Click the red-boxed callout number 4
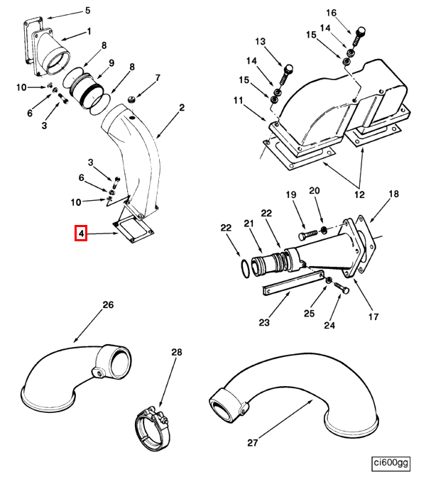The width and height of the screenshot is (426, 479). [x=81, y=233]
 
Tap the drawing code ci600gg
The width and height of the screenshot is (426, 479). [x=391, y=463]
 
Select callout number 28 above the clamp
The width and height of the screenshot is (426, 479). [x=177, y=353]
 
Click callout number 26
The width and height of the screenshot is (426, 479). [x=108, y=306]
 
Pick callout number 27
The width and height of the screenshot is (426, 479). [x=252, y=442]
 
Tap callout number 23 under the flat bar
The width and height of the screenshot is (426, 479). [x=264, y=323]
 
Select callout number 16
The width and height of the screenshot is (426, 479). [x=351, y=13]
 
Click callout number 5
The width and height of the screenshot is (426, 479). [x=87, y=11]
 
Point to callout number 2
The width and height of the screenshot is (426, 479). [x=182, y=108]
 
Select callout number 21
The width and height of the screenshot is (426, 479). [x=249, y=224]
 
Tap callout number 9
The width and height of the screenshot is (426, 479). [x=111, y=63]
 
